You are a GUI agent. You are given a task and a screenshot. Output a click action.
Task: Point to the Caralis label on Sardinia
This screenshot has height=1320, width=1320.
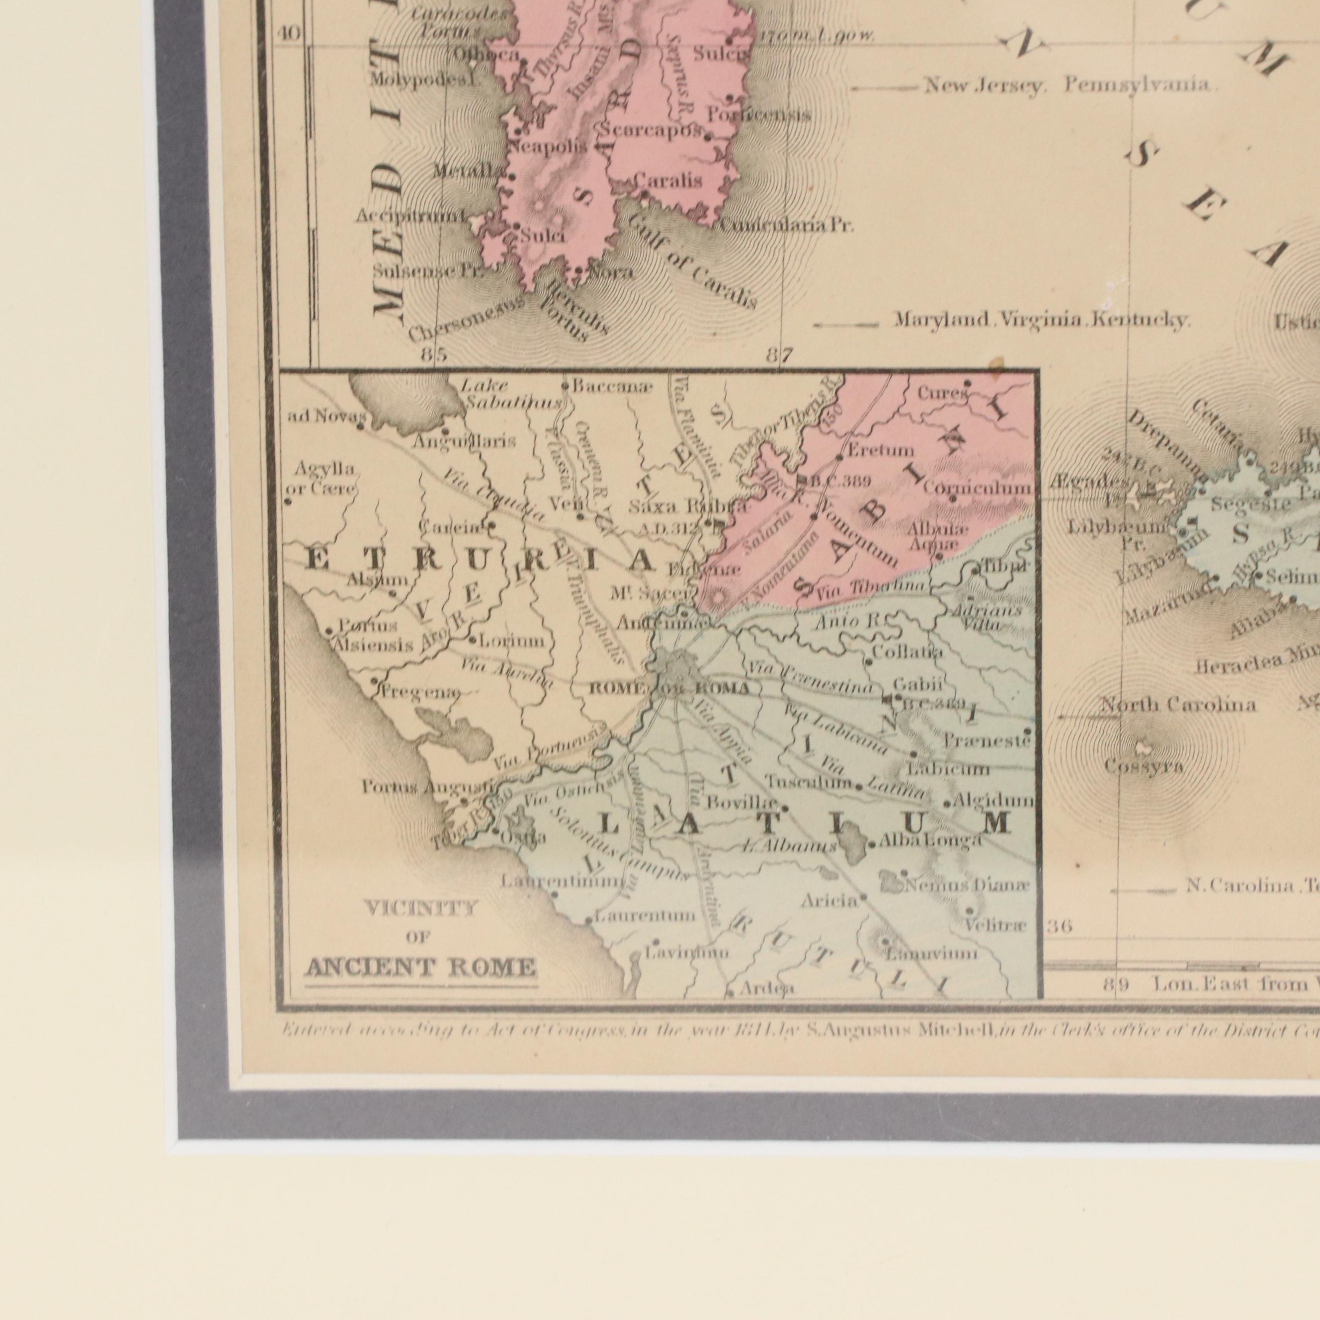point(667,181)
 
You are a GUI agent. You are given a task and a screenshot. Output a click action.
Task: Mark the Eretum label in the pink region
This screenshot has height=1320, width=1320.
point(880,450)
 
